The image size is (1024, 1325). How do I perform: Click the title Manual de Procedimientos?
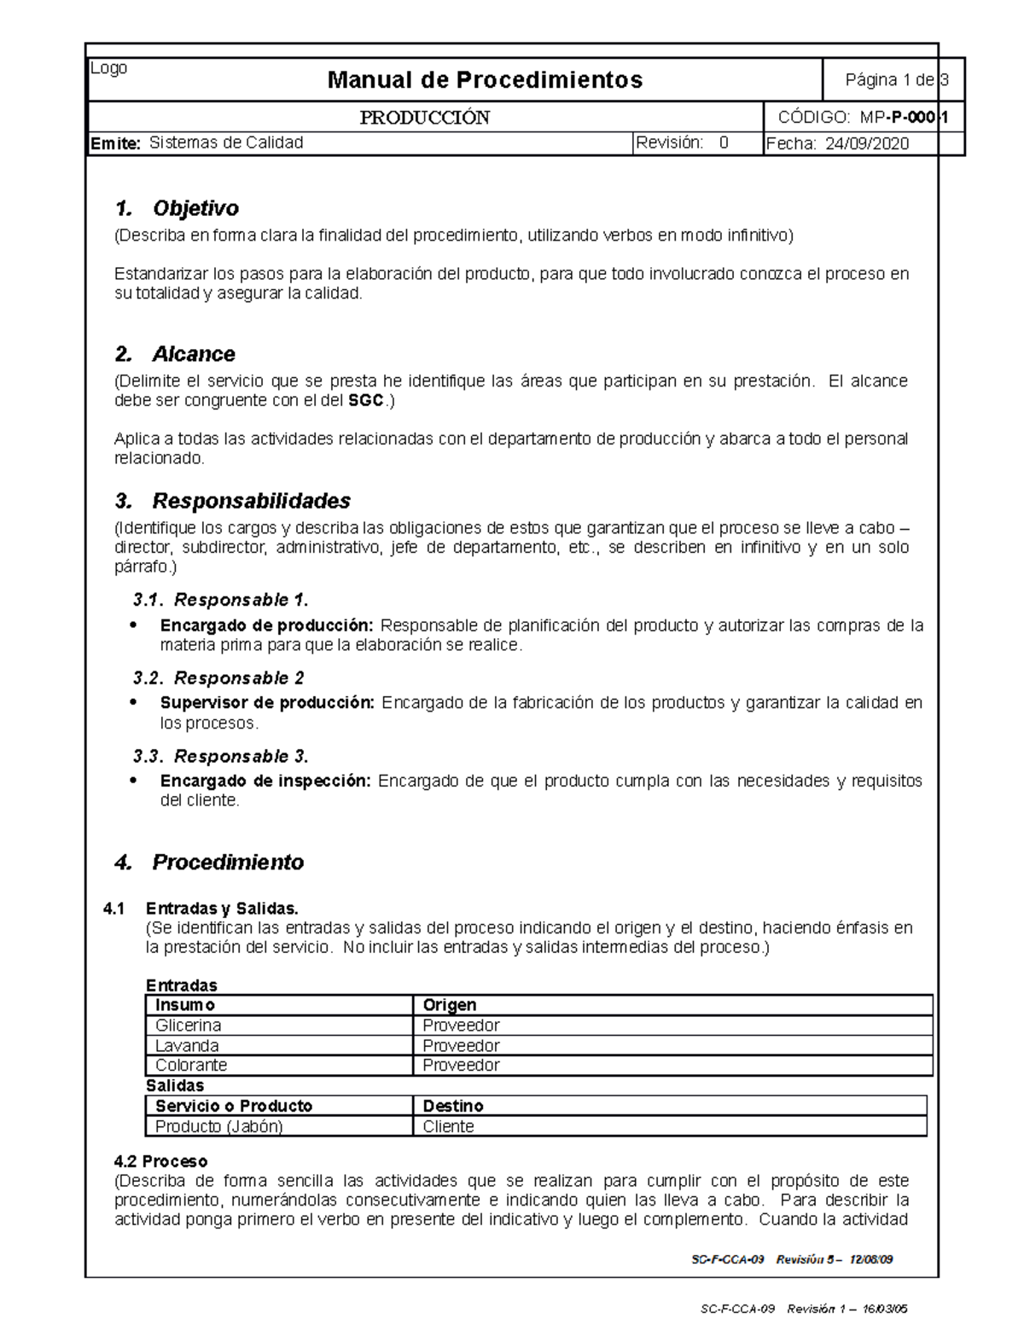pyautogui.click(x=485, y=80)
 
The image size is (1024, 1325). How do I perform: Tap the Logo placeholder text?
pyautogui.click(x=109, y=68)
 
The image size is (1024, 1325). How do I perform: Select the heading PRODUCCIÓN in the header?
pyautogui.click(x=424, y=118)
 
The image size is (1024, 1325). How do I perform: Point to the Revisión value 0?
pyautogui.click(x=724, y=142)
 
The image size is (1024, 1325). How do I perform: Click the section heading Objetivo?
pyautogui.click(x=195, y=208)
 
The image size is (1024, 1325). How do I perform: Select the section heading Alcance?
pyautogui.click(x=193, y=354)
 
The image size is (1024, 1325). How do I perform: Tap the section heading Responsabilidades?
pyautogui.click(x=251, y=501)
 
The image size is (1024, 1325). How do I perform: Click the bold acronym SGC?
pyautogui.click(x=366, y=400)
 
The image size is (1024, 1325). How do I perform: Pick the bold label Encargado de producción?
pyautogui.click(x=266, y=625)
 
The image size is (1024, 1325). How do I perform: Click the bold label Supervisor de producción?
pyautogui.click(x=267, y=703)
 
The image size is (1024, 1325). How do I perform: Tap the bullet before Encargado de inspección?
pyautogui.click(x=133, y=781)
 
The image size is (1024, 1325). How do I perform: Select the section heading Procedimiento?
pyautogui.click(x=227, y=863)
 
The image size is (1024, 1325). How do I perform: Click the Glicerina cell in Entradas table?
pyautogui.click(x=188, y=1026)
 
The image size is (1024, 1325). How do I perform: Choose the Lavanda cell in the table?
pyautogui.click(x=187, y=1046)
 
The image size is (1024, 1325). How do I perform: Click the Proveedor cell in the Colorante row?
pyautogui.click(x=461, y=1066)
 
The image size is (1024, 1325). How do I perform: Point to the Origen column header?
pyautogui.click(x=450, y=1005)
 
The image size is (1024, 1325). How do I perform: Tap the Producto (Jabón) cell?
pyautogui.click(x=218, y=1126)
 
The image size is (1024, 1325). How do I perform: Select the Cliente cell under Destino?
pyautogui.click(x=448, y=1126)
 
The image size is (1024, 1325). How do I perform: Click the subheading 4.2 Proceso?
pyautogui.click(x=160, y=1161)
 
